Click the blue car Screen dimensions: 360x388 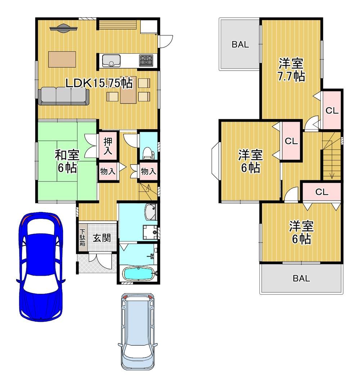(x=41, y=267)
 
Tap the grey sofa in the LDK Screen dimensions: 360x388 (x=64, y=96)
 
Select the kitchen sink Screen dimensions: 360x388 (x=111, y=60)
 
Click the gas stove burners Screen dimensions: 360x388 (x=146, y=60)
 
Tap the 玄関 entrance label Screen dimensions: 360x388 (x=102, y=238)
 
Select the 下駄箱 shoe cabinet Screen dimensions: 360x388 (x=82, y=238)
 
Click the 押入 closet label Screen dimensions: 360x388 (x=108, y=146)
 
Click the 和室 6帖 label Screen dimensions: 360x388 (x=67, y=162)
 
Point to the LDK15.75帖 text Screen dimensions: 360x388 (x=99, y=84)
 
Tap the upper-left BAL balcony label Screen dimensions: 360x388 (x=240, y=45)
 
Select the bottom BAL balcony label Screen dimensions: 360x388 (x=301, y=278)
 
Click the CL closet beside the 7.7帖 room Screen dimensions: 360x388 (x=332, y=110)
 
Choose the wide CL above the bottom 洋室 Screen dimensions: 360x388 (x=322, y=192)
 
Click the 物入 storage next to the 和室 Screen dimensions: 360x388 (x=108, y=171)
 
